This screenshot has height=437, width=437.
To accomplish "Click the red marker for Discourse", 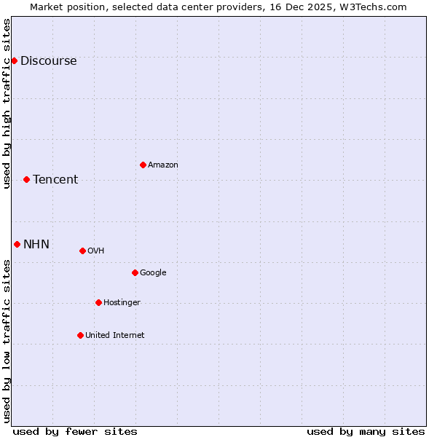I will click(x=14, y=60).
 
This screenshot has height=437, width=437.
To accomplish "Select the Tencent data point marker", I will click(x=26, y=179).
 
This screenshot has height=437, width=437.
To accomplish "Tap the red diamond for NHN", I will click(x=17, y=244).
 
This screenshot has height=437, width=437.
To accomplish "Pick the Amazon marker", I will click(x=143, y=165).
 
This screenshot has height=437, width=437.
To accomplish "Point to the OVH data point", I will click(x=82, y=251).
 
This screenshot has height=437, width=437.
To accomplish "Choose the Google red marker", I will click(x=135, y=272).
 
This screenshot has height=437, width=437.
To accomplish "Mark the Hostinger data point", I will click(x=98, y=302).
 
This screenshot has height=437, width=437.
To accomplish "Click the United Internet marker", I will click(x=80, y=335).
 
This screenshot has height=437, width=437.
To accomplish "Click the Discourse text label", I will click(x=48, y=61).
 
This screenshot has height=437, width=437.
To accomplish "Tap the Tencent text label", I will click(x=55, y=180).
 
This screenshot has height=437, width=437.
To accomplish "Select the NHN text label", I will click(x=36, y=245).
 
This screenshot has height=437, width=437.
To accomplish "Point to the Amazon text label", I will click(x=163, y=165).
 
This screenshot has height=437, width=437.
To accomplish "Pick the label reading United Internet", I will click(x=115, y=336).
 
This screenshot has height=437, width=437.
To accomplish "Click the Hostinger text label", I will click(x=122, y=303).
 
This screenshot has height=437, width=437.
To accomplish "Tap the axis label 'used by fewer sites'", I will click(x=75, y=431).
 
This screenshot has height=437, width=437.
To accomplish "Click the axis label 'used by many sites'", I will click(x=366, y=431).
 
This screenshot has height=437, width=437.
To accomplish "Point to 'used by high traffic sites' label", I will click(x=7, y=103).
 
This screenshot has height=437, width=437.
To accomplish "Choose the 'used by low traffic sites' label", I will click(x=7, y=341).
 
